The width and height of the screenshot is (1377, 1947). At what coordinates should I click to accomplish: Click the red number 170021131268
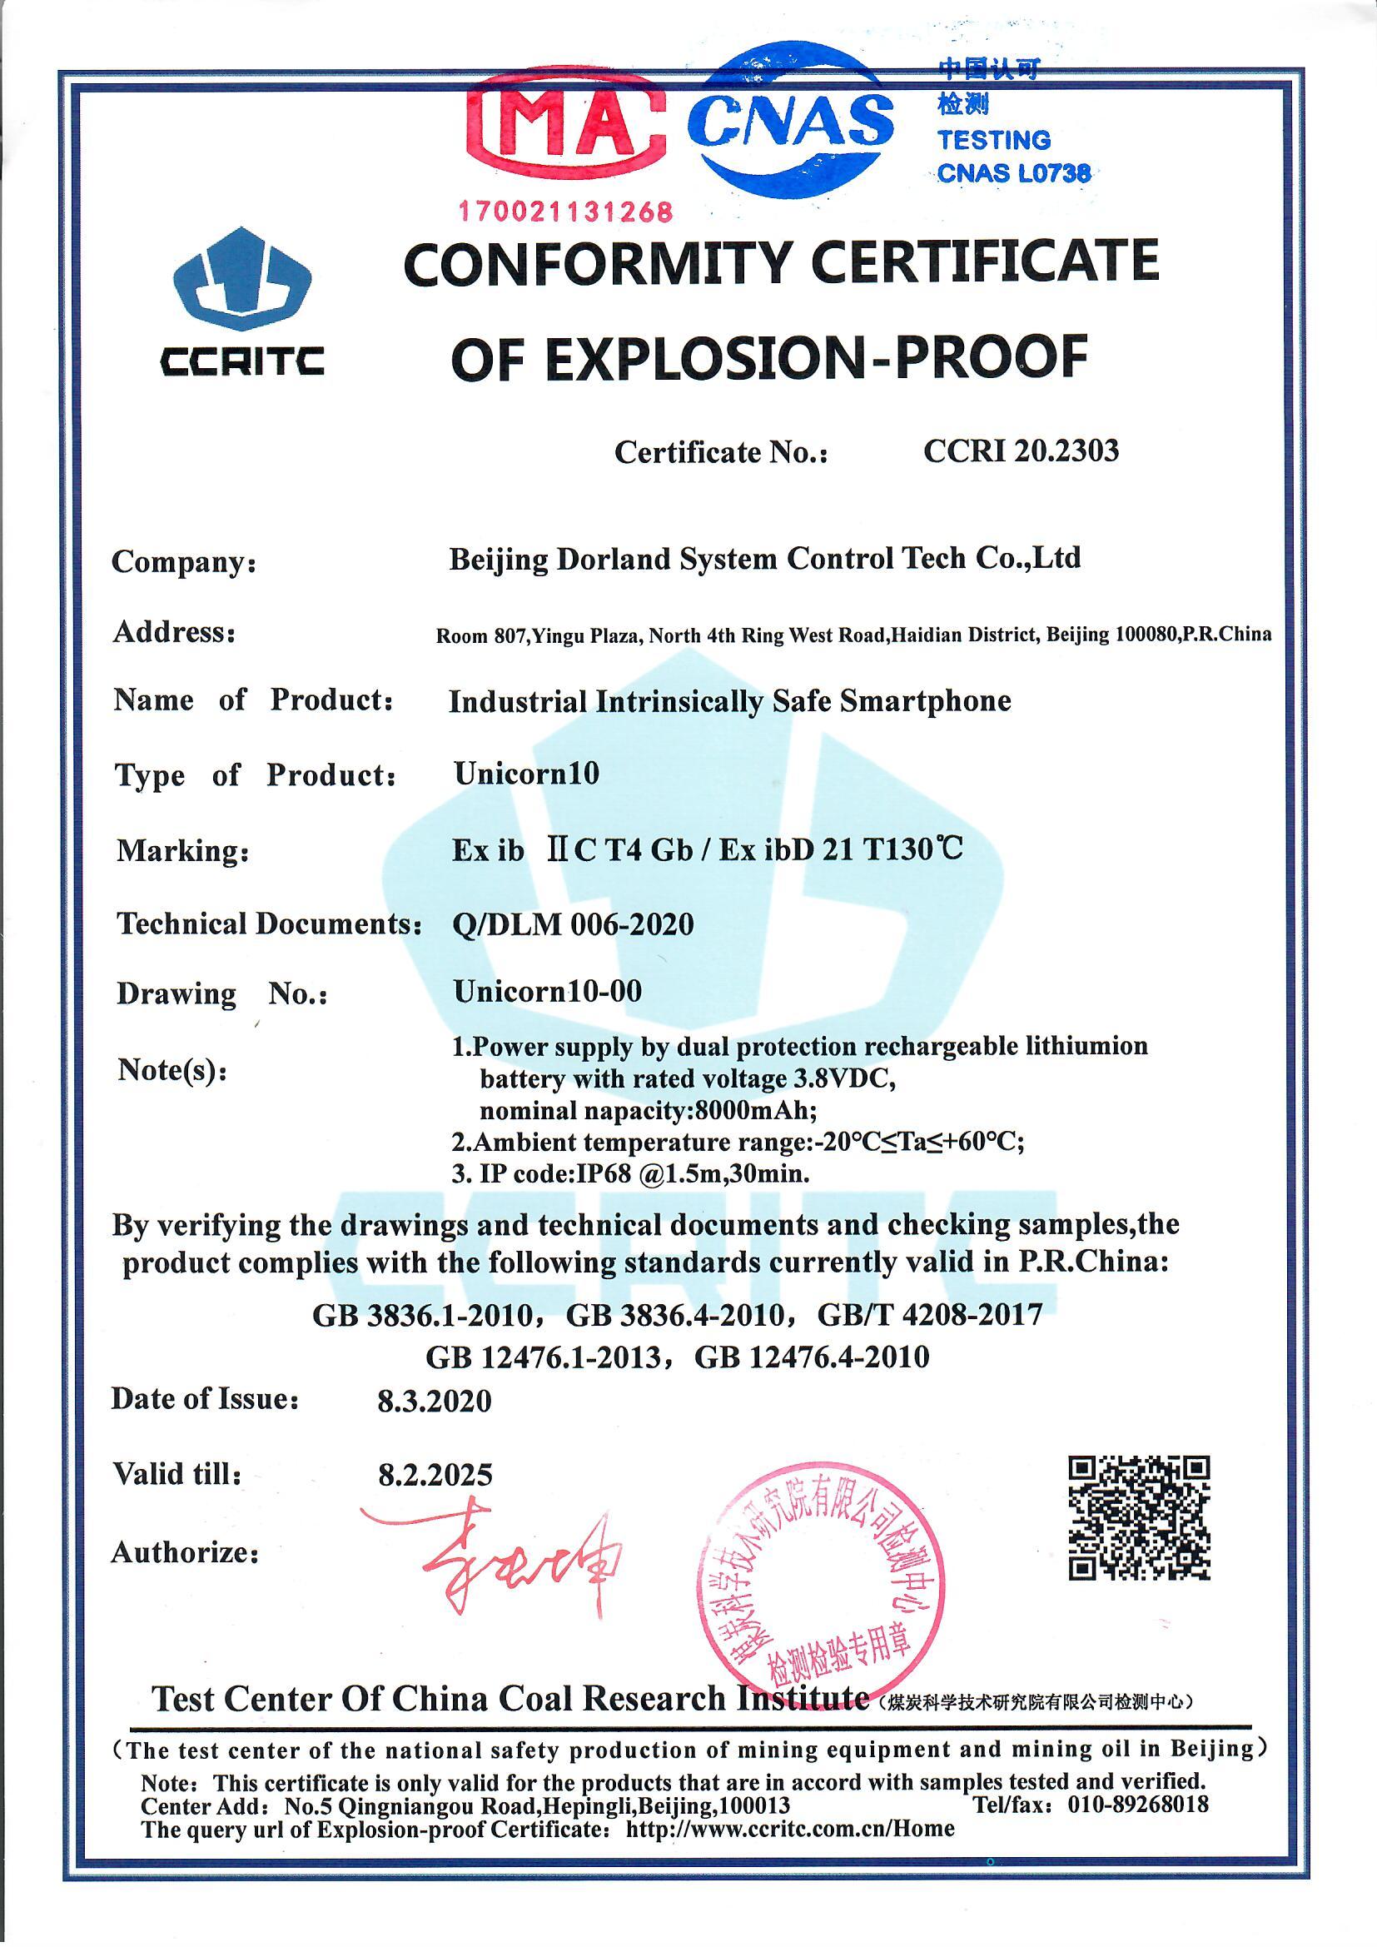565,211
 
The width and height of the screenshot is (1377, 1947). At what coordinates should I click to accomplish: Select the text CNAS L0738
1013,174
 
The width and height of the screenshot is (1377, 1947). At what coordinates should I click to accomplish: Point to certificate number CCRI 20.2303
1020,451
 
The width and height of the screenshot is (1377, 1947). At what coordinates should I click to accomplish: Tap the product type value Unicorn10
525,773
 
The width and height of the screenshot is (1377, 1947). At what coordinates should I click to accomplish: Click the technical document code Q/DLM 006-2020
573,924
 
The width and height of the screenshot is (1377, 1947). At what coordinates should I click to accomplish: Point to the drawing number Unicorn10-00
547,990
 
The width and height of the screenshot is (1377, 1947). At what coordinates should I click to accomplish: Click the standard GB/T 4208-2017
929,1314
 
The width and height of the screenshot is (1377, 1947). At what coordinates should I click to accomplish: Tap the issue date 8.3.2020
434,1401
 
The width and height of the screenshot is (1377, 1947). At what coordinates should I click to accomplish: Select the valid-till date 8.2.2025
435,1475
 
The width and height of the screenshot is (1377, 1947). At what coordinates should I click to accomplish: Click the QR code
1138,1518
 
